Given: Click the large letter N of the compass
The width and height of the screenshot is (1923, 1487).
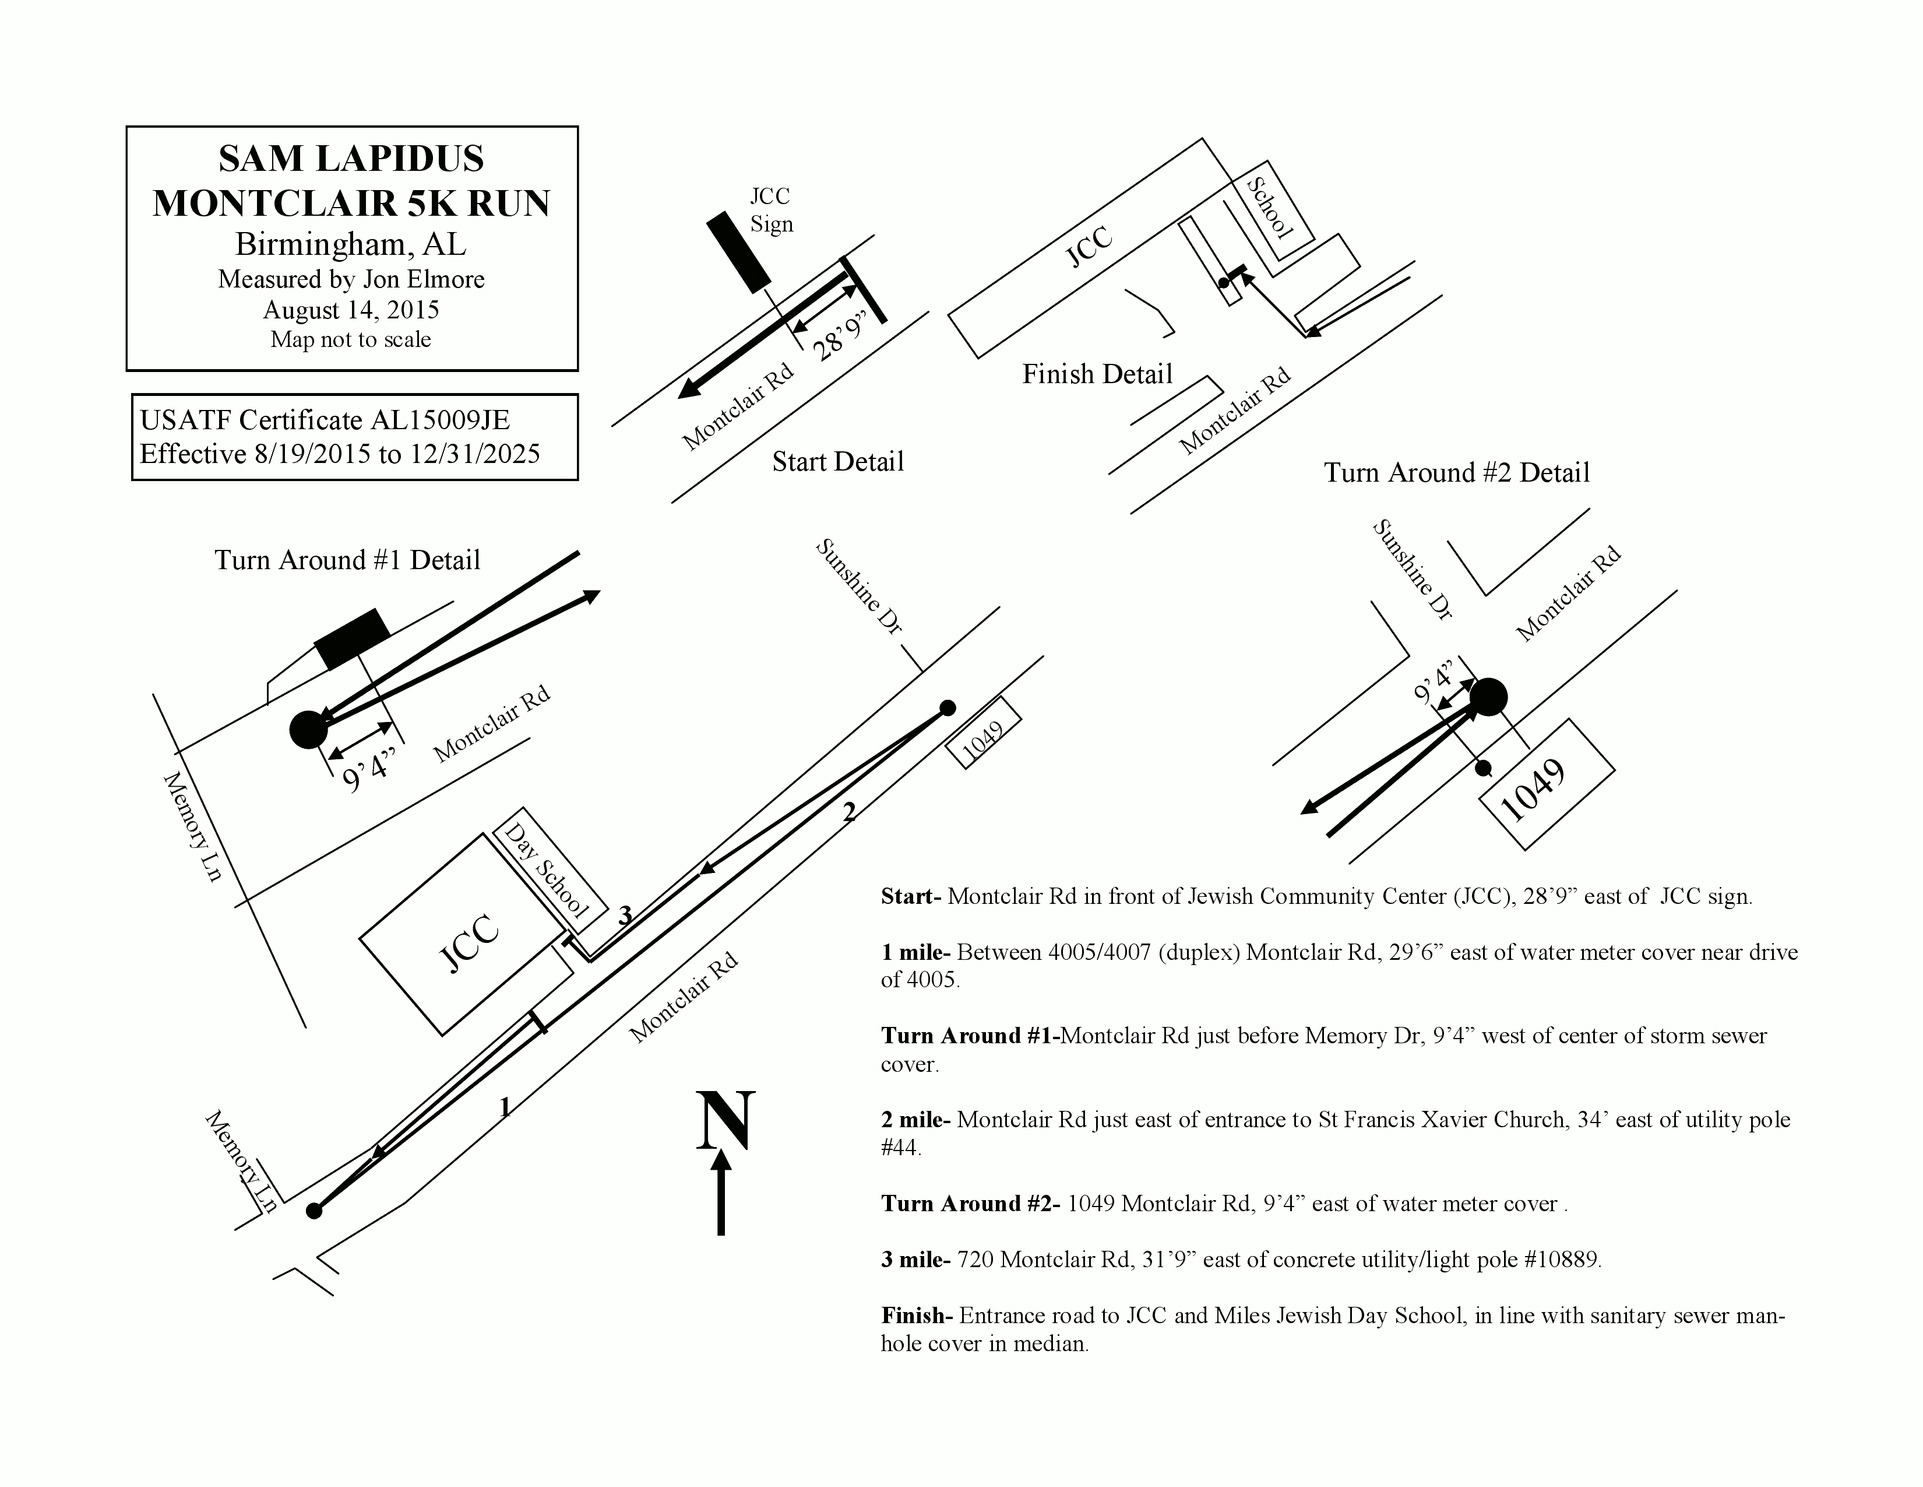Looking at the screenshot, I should coord(725,1121).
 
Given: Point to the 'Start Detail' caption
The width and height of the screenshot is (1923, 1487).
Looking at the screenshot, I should coord(837,462).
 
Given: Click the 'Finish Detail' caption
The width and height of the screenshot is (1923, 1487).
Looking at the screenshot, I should coord(1097,374).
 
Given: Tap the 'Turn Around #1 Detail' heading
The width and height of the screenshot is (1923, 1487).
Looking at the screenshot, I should coord(347,560).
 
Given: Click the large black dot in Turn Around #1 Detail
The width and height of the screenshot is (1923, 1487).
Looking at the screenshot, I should coord(308,730).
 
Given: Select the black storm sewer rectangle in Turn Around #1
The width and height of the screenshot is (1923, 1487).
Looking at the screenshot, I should coord(352,638).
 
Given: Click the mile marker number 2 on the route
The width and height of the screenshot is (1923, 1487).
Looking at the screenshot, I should coord(849,813).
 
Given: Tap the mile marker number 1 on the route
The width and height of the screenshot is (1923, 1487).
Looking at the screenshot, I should coord(505,1107).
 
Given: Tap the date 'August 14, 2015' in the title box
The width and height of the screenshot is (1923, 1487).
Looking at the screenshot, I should coord(350,310).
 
